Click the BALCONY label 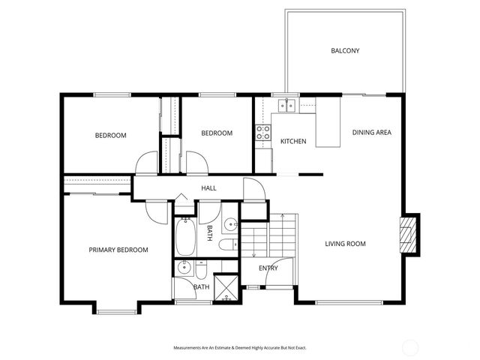pyautogui.click(x=346, y=51)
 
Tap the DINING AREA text pyautogui.click(x=372, y=133)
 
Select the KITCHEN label pyautogui.click(x=293, y=141)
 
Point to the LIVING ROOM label pyautogui.click(x=345, y=244)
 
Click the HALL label pyautogui.click(x=208, y=187)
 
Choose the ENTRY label pyautogui.click(x=268, y=268)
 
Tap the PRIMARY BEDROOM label pyautogui.click(x=118, y=250)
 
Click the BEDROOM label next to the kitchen pyautogui.click(x=217, y=133)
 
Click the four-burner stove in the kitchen pyautogui.click(x=264, y=133)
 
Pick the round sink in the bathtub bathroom pyautogui.click(x=232, y=223)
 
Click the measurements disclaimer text pyautogui.click(x=240, y=348)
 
